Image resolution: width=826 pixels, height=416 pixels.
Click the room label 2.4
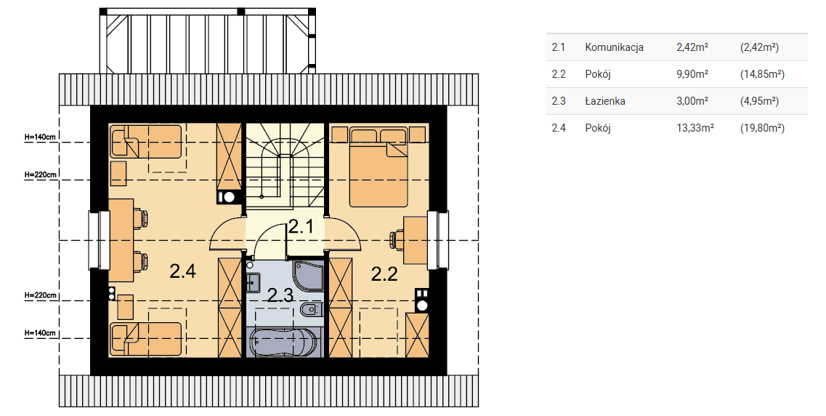coord(183,271)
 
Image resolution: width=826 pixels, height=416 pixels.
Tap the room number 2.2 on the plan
coord(384,273)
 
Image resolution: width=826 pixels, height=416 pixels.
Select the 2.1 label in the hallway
coord(301,227)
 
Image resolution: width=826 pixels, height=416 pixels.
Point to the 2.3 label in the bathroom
coord(280,295)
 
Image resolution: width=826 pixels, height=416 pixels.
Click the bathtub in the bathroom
coord(283,343)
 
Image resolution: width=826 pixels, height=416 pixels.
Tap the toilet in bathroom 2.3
coord(311,310)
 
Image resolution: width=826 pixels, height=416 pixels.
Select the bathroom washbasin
coord(253,282)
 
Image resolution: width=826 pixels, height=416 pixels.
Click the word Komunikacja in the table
coord(614,47)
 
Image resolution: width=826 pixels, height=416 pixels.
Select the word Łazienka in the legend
coord(605,100)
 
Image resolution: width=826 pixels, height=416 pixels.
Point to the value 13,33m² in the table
coord(695,127)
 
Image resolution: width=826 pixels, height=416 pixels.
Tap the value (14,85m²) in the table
coord(762,74)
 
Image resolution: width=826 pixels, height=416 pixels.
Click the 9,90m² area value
coord(692,73)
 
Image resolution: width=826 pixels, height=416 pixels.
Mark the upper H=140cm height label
coord(40,137)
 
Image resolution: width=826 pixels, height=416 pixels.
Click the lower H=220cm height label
coord(40,296)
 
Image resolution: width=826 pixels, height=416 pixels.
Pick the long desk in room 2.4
coord(121,240)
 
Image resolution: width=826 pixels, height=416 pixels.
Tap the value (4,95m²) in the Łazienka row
coord(760,100)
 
